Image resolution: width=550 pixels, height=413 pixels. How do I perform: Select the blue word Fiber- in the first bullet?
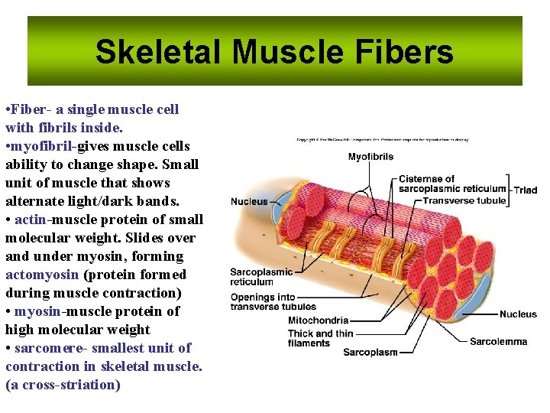32,109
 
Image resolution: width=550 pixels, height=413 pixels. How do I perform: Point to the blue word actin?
30,220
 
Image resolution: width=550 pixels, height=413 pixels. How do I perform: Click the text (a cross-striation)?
63,385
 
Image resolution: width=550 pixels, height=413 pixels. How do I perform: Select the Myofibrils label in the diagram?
370,157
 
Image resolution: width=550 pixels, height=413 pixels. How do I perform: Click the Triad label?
526,190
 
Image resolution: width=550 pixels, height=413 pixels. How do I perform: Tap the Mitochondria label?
318,320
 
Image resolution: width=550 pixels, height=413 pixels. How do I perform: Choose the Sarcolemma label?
498,342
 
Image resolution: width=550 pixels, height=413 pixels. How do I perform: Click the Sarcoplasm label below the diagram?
370,353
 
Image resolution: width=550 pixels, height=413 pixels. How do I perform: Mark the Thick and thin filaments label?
320,338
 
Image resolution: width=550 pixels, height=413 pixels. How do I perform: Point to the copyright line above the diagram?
382,140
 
